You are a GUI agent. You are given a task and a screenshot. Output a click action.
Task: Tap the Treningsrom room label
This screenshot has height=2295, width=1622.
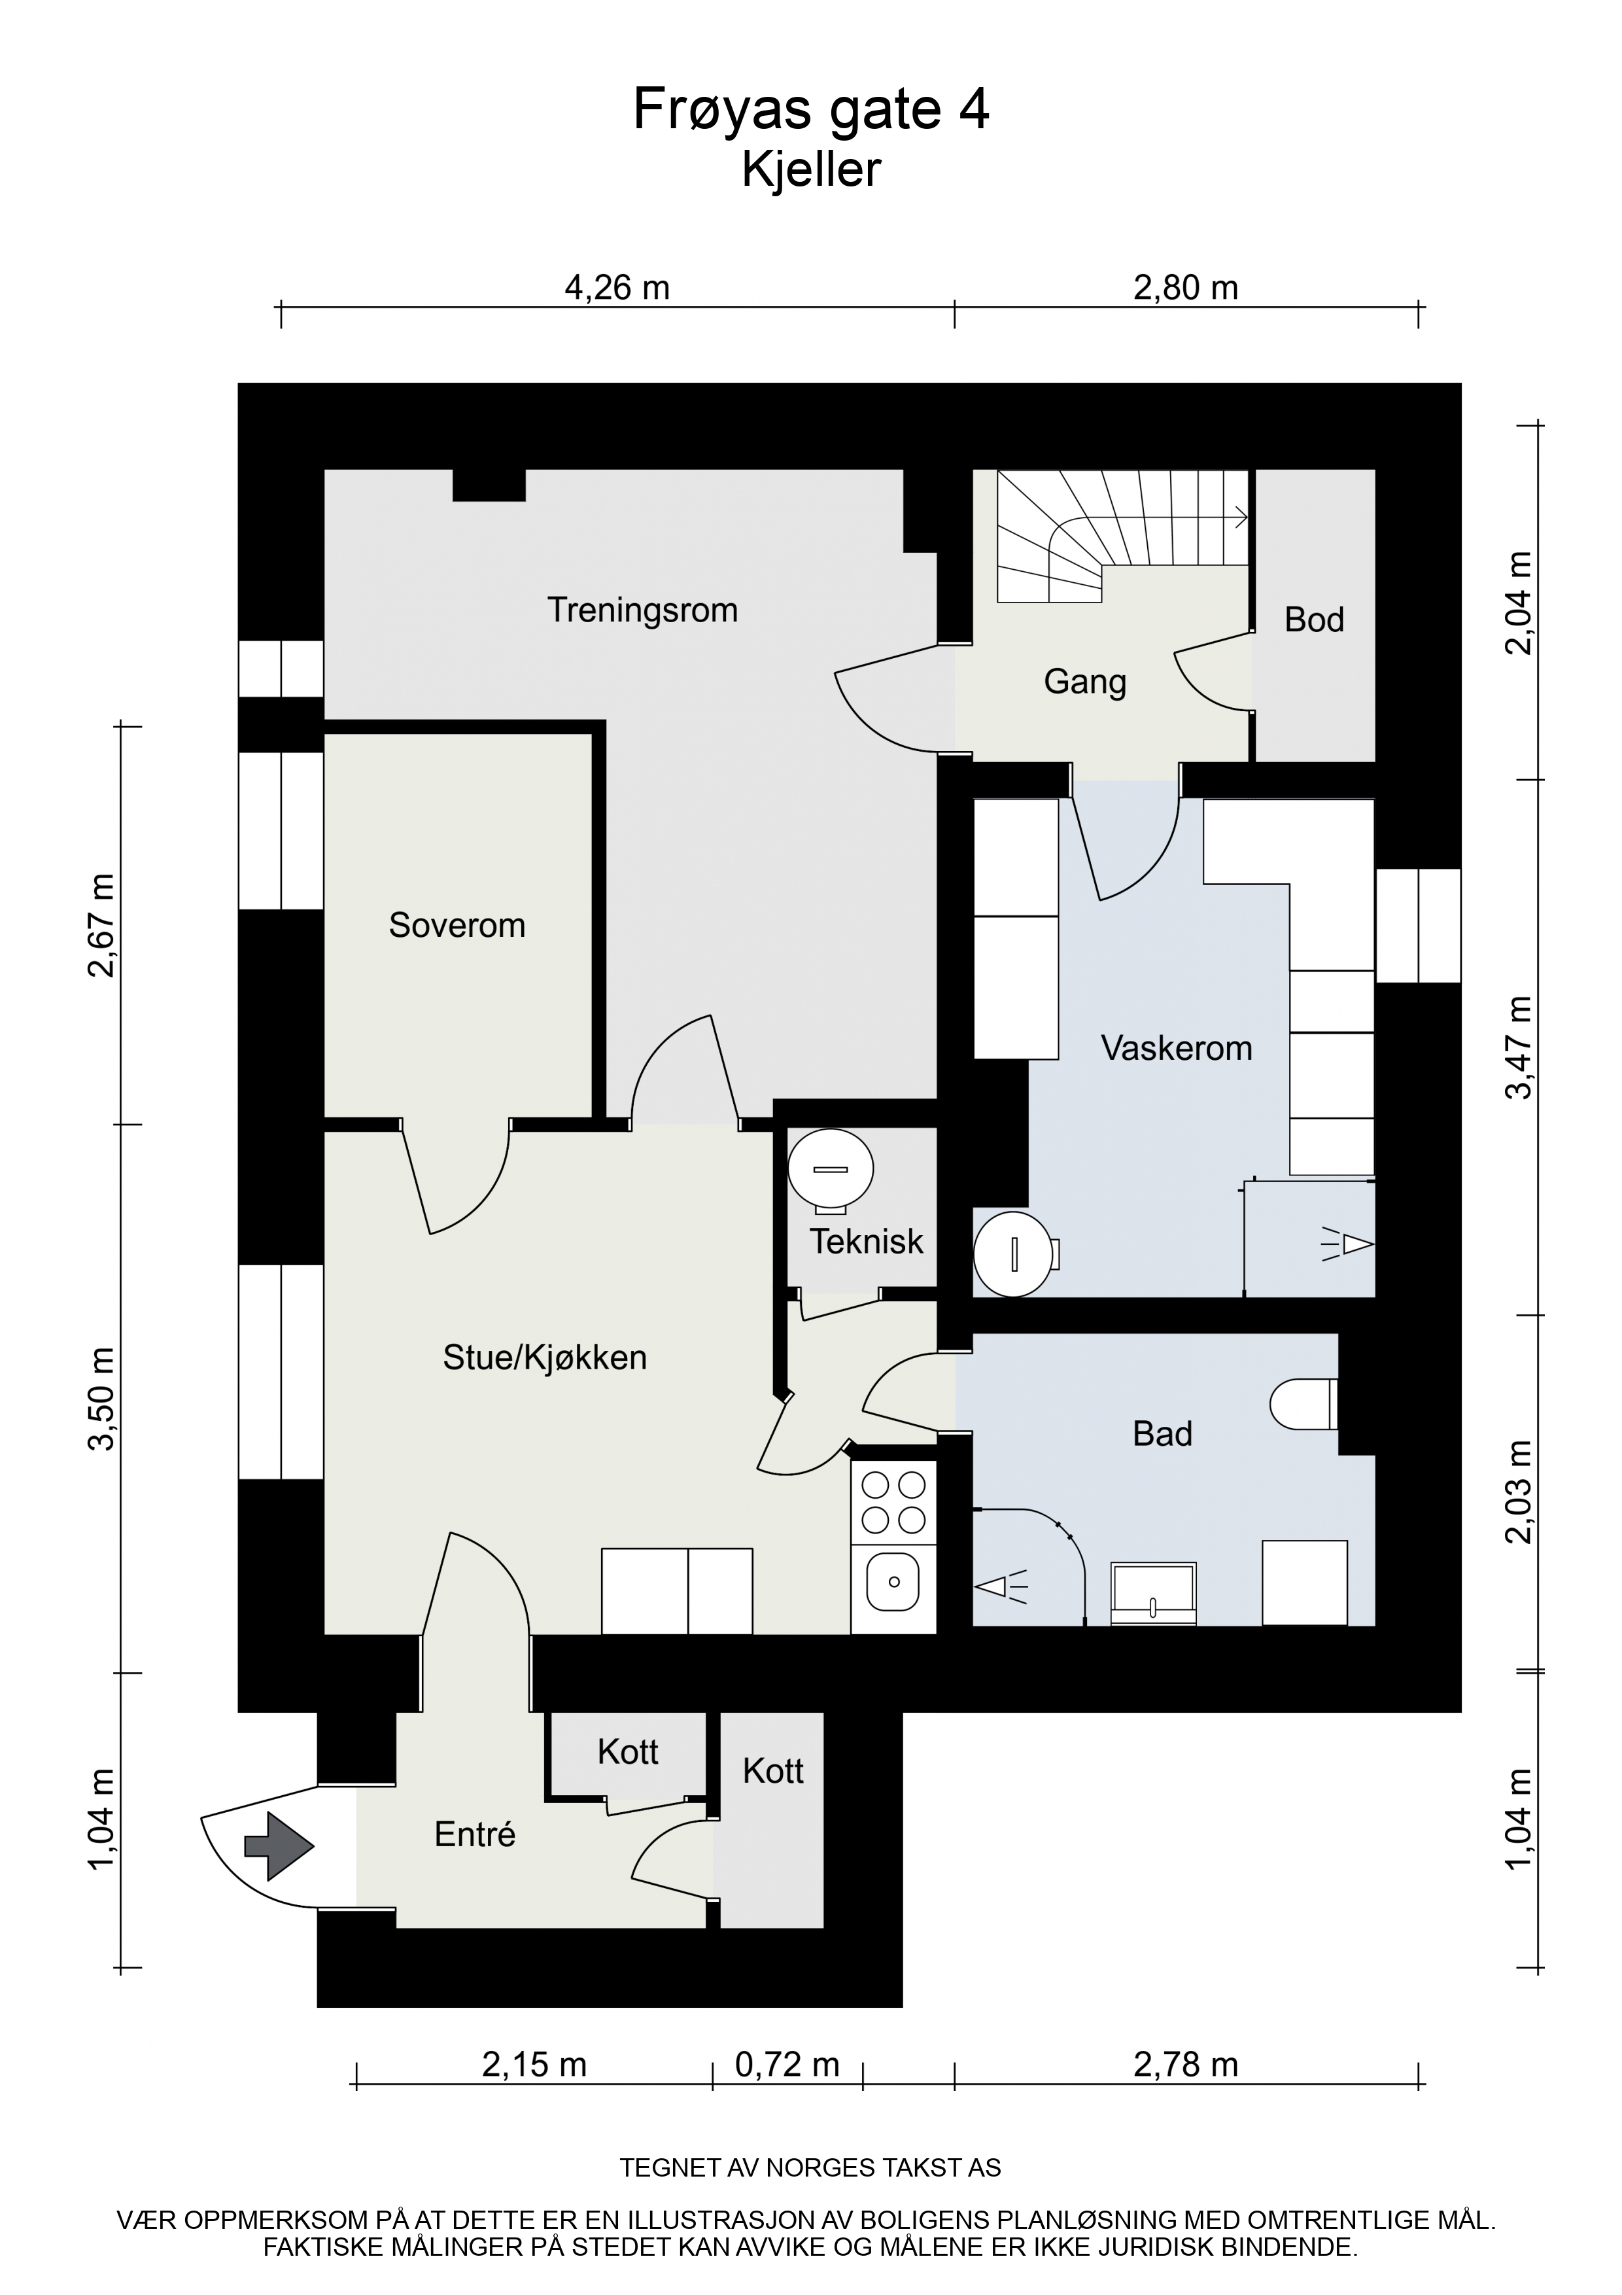(x=643, y=610)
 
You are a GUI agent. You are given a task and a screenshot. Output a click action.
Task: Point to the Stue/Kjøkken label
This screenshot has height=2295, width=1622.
(x=545, y=1358)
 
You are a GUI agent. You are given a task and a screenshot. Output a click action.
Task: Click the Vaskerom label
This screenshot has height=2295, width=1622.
(x=1176, y=1047)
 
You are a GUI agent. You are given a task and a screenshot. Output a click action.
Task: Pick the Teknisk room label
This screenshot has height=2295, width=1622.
(x=867, y=1242)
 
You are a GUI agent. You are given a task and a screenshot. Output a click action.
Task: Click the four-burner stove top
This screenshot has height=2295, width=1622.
(x=893, y=1501)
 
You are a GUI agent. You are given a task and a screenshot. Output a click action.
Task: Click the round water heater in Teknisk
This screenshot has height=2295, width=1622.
(x=831, y=1168)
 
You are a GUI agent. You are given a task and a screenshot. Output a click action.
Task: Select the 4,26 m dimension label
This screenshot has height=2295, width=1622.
(x=617, y=288)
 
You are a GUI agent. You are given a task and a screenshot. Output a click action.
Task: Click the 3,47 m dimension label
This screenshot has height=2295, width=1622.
(x=1519, y=1047)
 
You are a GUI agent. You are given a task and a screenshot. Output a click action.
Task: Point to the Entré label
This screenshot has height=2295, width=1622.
(x=475, y=1833)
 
